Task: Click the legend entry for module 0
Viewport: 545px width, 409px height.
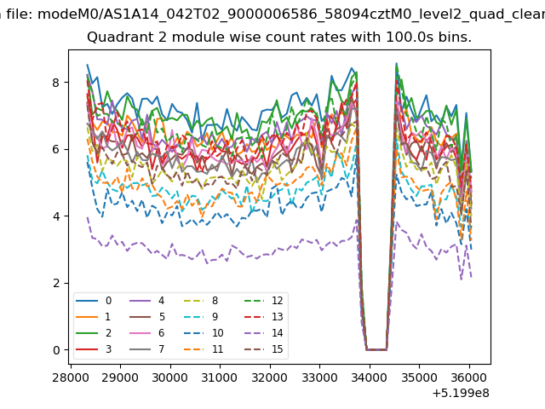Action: pyautogui.click(x=94, y=301)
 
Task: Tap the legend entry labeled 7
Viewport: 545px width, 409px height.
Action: pyautogui.click(x=146, y=349)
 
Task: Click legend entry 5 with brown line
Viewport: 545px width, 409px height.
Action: pyautogui.click(x=146, y=316)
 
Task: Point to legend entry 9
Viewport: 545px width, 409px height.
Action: pyautogui.click(x=201, y=316)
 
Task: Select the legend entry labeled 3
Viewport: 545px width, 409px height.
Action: pyautogui.click(x=94, y=349)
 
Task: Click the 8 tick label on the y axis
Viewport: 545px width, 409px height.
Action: pyautogui.click(x=56, y=83)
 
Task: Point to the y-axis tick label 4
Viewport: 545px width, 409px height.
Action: pyautogui.click(x=56, y=216)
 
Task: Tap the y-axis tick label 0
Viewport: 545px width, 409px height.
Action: pyautogui.click(x=56, y=350)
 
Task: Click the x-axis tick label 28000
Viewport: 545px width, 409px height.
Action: pyautogui.click(x=71, y=377)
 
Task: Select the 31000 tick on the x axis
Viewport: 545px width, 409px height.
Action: pyautogui.click(x=220, y=377)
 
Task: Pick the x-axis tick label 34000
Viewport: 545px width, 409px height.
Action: pyautogui.click(x=370, y=377)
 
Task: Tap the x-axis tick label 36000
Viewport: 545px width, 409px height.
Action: pyautogui.click(x=469, y=377)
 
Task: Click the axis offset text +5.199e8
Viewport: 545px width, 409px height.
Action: pyautogui.click(x=461, y=393)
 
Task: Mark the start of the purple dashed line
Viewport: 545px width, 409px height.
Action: pyautogui.click(x=87, y=217)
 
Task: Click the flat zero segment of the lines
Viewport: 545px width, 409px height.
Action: pyautogui.click(x=376, y=349)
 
